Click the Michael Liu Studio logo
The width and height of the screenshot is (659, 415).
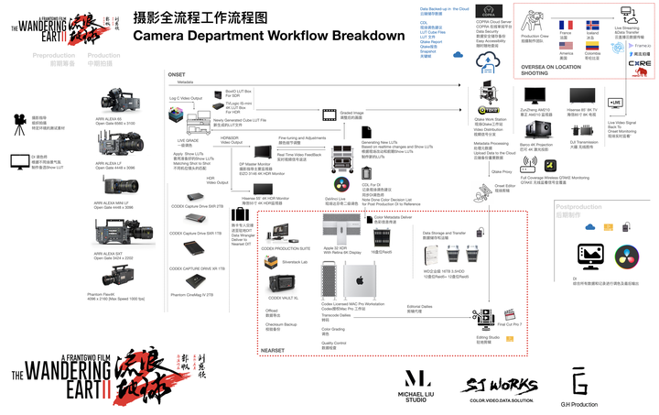pyautogui.click(x=417, y=380)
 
